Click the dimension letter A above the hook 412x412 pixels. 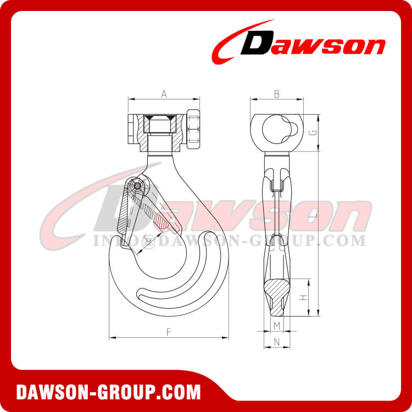(164, 94)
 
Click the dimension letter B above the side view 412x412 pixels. (276, 94)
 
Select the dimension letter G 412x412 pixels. (312, 132)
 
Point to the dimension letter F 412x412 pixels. (169, 331)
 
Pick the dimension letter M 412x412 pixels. (277, 326)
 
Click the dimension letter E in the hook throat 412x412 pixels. (144, 238)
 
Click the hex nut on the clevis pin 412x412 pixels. (193, 127)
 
